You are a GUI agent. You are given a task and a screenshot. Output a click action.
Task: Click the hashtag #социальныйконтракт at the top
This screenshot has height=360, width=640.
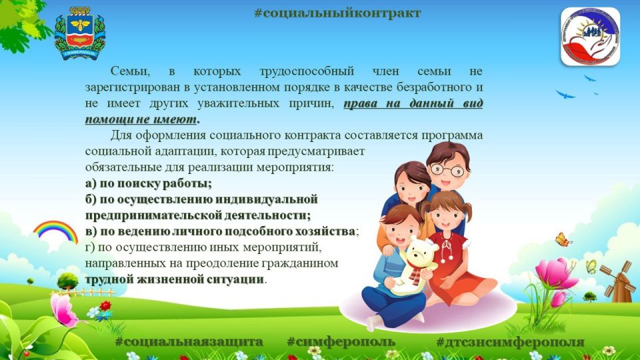(337, 13)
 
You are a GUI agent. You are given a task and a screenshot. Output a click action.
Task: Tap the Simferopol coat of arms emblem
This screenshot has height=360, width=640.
(80, 33)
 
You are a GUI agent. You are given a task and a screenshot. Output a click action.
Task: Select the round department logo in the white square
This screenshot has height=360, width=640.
(590, 37)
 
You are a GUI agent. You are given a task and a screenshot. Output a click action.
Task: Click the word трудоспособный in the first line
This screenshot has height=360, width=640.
(307, 72)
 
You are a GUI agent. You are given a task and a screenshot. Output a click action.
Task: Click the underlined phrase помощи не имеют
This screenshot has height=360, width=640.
(141, 119)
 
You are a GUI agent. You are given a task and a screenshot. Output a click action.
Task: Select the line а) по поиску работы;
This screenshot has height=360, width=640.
(149, 184)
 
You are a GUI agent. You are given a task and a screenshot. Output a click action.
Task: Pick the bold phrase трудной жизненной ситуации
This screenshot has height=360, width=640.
(174, 279)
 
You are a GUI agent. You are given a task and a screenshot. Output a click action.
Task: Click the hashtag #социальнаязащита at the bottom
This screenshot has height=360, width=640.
(189, 341)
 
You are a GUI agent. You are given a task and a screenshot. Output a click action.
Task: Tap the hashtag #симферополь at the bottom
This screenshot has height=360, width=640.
(341, 341)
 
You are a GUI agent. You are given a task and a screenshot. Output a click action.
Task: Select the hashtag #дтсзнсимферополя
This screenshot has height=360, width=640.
(510, 342)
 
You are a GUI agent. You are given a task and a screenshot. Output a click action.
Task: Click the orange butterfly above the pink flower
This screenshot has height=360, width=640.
(563, 239)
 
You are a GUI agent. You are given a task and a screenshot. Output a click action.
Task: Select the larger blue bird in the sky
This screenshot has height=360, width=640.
(565, 95)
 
